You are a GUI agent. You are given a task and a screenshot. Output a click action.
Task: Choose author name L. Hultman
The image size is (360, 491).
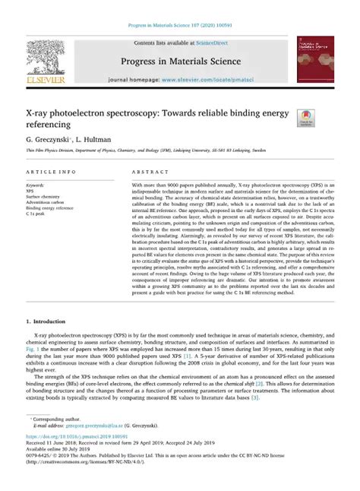pyautogui.click(x=96, y=141)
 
